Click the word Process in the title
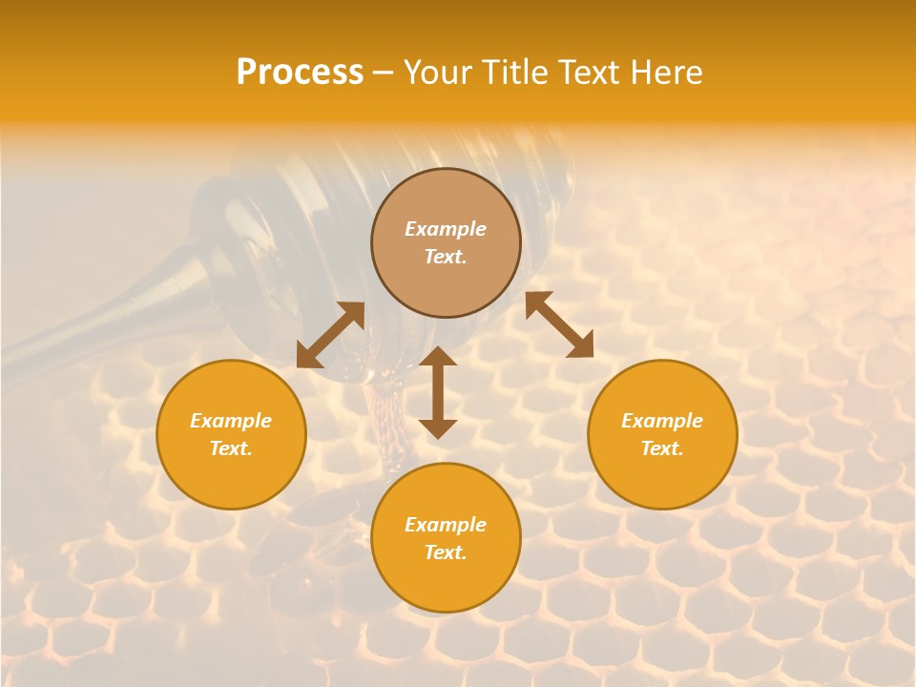(x=300, y=73)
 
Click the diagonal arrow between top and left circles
(x=330, y=335)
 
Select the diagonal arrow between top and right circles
(x=559, y=324)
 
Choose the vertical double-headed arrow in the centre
(x=438, y=392)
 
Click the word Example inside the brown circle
(x=446, y=229)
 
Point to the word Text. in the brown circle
(x=446, y=257)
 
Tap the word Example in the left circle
(x=231, y=421)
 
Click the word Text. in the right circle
(x=662, y=448)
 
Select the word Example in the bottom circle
(x=446, y=525)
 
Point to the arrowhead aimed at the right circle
(x=581, y=345)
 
